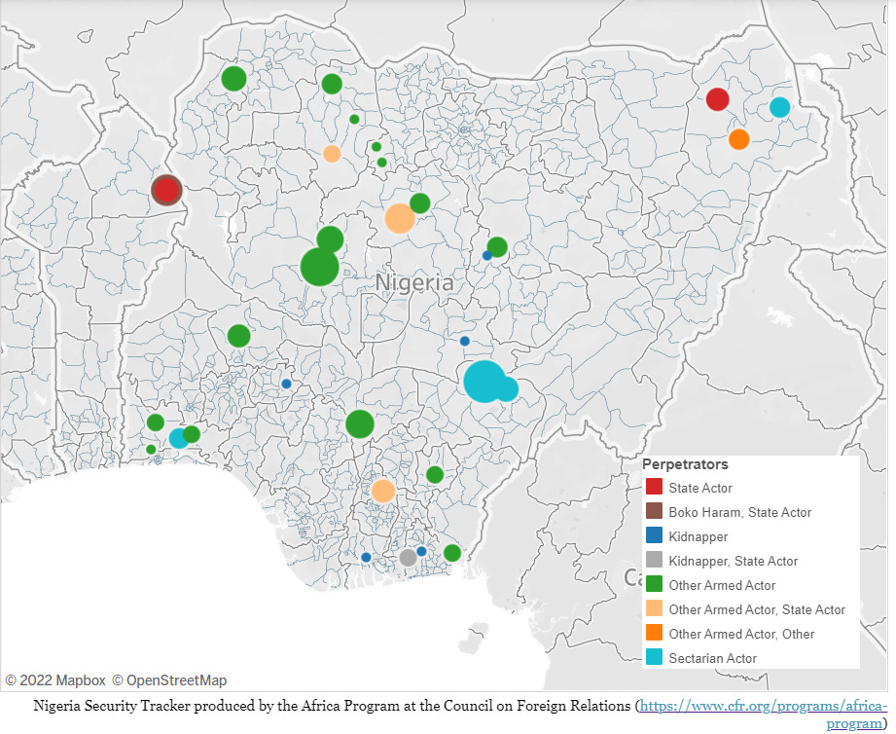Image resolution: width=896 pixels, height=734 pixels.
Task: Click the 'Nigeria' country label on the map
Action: (x=414, y=283)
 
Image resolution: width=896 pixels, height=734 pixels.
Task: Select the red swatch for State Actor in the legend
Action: (x=654, y=488)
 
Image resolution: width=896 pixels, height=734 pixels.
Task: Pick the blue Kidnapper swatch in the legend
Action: (x=654, y=536)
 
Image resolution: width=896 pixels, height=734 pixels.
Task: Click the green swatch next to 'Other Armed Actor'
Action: (x=654, y=585)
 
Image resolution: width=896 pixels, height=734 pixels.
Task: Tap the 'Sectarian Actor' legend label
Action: (x=712, y=658)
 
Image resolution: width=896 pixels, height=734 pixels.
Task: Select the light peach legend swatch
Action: (x=654, y=609)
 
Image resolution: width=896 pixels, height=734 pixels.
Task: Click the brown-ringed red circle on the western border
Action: (x=166, y=190)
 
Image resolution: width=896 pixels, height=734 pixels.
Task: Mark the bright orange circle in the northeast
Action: (x=738, y=139)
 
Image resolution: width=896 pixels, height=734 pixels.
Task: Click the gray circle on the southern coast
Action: (x=408, y=558)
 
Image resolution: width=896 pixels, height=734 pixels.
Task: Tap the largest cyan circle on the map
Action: (x=484, y=381)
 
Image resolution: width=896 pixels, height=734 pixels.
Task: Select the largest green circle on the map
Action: (x=319, y=267)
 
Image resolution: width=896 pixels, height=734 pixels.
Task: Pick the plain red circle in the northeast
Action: (x=717, y=99)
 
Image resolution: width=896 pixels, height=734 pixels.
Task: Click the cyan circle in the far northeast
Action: (x=779, y=107)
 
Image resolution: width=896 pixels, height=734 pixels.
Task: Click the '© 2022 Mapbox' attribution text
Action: (x=54, y=680)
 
